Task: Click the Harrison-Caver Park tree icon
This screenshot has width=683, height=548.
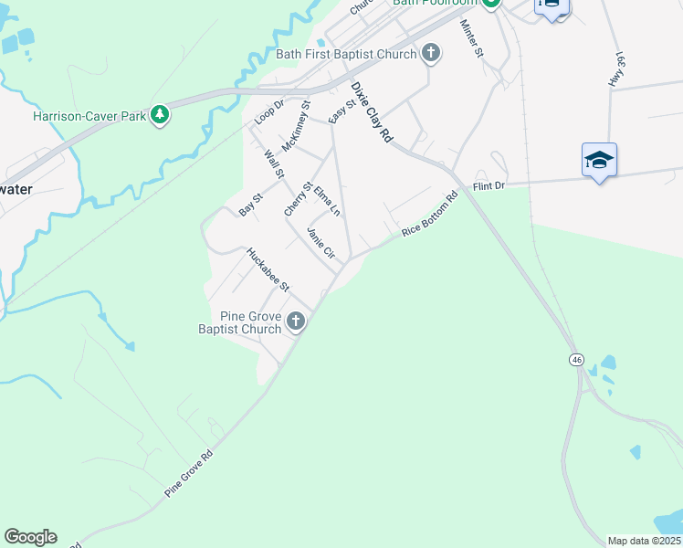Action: click(161, 114)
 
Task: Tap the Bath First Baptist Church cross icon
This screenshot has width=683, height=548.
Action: click(432, 54)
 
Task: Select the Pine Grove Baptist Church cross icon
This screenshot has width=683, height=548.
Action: click(295, 321)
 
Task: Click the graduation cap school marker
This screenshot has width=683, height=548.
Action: click(599, 160)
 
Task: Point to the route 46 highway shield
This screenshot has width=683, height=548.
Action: click(576, 360)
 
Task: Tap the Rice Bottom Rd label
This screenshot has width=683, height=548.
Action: click(429, 216)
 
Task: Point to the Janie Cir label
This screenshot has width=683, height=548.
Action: click(322, 244)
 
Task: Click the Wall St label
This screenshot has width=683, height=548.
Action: click(274, 164)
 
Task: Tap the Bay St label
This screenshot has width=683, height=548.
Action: click(251, 204)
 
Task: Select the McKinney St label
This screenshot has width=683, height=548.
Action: click(297, 132)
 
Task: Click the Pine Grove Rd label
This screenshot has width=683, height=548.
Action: click(189, 473)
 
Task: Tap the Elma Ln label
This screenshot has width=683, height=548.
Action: click(326, 201)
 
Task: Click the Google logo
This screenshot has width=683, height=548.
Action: click(30, 537)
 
